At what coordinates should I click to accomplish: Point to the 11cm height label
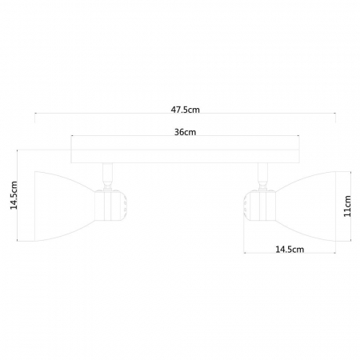pos(348,207)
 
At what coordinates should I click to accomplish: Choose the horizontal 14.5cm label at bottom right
pos(289,250)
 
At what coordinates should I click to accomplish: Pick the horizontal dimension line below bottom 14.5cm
pos(289,256)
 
